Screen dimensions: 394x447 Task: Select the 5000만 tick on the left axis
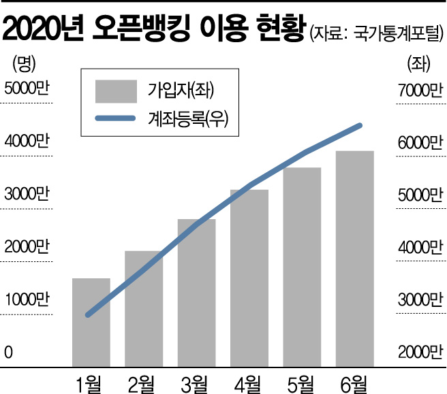coord(27,89)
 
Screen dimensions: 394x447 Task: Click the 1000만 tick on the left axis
coord(27,299)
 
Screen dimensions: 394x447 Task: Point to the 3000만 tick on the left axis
coord(27,194)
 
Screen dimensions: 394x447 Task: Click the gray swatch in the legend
coord(117,88)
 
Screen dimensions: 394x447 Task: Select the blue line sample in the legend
coord(117,120)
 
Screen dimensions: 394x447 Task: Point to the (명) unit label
coord(23,65)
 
